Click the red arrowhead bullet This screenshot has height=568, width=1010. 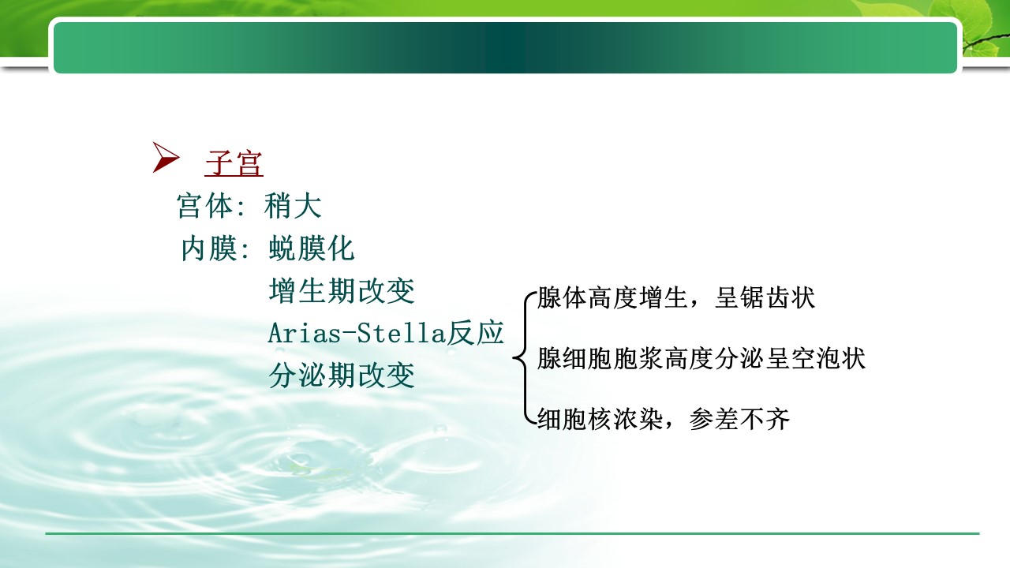[x=165, y=157]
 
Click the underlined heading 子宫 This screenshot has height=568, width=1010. [x=234, y=163]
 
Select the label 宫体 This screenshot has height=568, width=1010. [x=205, y=206]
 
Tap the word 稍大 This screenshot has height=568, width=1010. [x=293, y=206]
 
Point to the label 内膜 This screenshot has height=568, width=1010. [x=209, y=248]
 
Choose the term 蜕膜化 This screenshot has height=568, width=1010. [x=312, y=248]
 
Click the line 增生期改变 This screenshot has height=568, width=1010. [x=342, y=291]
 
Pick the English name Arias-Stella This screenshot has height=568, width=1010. [x=356, y=333]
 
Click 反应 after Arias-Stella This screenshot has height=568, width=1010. [x=475, y=333]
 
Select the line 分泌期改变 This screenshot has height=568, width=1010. [x=342, y=376]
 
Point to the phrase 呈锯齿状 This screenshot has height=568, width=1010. [x=765, y=298]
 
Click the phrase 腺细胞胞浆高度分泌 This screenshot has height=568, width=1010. [x=651, y=359]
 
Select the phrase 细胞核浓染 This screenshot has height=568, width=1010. [x=600, y=420]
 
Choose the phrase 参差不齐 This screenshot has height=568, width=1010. [x=739, y=420]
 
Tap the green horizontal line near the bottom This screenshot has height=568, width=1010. [x=512, y=534]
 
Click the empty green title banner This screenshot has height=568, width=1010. [x=505, y=47]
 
